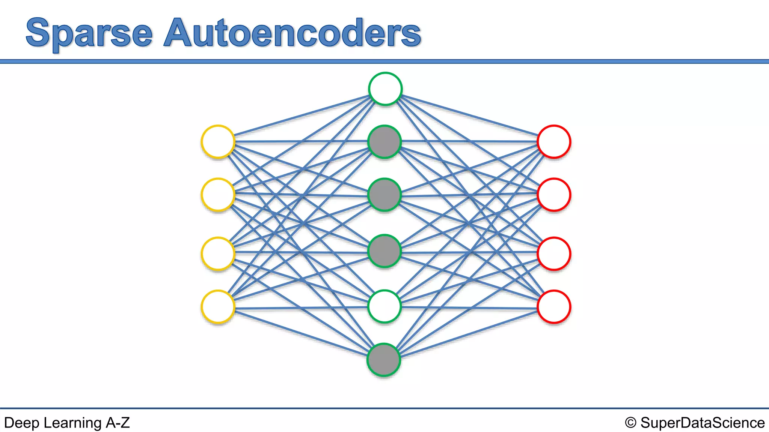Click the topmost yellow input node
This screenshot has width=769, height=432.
[218, 142]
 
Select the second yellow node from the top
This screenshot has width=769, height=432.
[218, 195]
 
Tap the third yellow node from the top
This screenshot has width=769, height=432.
[218, 253]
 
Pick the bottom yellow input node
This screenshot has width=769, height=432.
[218, 307]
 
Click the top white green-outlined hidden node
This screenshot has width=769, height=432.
[385, 89]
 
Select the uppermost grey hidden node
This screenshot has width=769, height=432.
[384, 142]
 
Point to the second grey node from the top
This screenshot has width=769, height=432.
[384, 195]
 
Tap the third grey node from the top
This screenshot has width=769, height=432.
[384, 251]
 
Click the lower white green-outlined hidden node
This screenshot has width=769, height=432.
[384, 306]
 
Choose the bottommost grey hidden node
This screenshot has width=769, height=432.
[384, 360]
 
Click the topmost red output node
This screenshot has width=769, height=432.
[554, 142]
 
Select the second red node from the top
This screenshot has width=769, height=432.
[554, 195]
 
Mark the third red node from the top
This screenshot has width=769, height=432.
[554, 253]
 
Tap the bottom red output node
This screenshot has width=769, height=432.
[554, 307]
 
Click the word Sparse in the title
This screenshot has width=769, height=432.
[89, 34]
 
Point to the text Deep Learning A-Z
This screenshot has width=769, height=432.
[67, 423]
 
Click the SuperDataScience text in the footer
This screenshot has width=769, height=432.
[702, 423]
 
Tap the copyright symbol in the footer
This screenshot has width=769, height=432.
[630, 423]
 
